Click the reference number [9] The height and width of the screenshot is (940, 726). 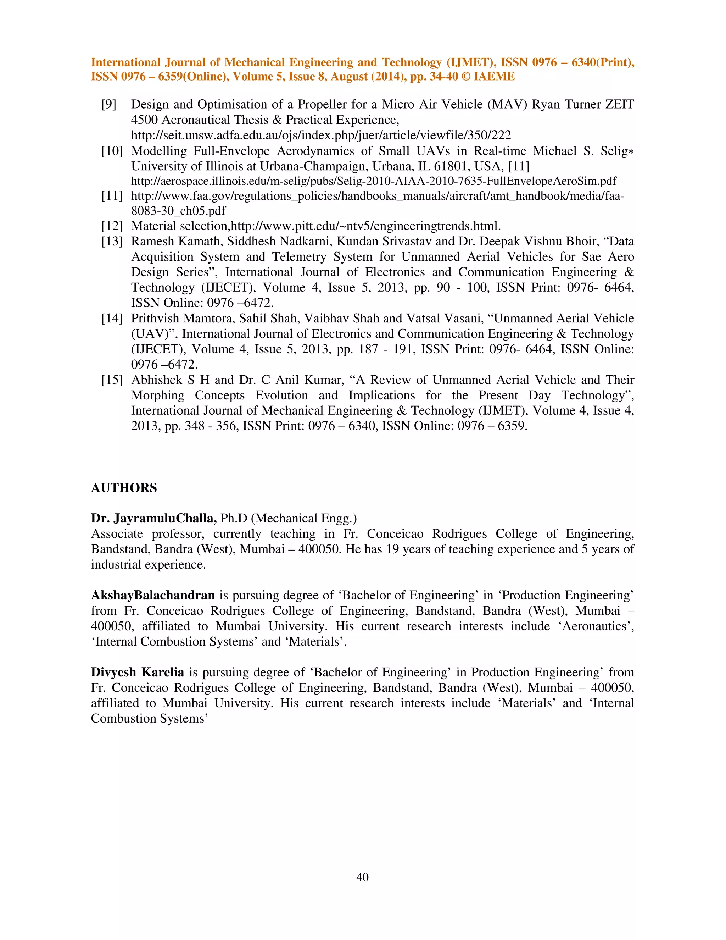click(109, 105)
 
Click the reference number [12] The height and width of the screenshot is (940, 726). click(112, 226)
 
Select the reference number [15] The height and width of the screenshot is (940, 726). click(112, 380)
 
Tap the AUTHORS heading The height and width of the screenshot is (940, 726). click(124, 488)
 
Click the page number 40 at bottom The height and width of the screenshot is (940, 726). click(363, 877)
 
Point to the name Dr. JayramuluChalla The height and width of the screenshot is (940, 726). click(154, 518)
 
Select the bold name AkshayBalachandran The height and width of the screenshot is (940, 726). click(153, 595)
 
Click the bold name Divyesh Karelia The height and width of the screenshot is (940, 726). click(137, 672)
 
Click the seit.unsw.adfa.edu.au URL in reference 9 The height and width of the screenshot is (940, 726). click(321, 135)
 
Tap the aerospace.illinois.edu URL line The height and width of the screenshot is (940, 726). click(373, 181)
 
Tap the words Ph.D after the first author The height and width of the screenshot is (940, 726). click(234, 518)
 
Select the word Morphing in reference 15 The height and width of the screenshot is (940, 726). click(158, 396)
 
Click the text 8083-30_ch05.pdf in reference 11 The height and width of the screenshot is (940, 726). click(178, 211)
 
